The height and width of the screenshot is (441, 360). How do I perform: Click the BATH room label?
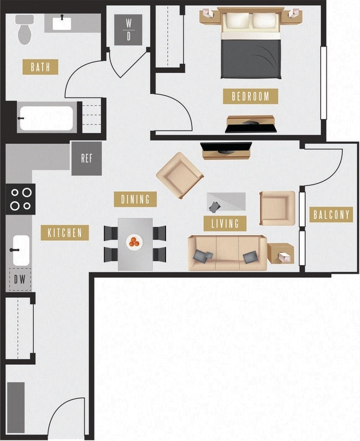point(40,67)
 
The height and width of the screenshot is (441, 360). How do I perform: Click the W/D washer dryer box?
point(128,30)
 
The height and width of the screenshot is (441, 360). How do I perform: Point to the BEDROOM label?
point(250,96)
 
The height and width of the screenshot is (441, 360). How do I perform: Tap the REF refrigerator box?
point(86,158)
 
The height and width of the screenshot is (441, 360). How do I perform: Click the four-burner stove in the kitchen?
point(20,199)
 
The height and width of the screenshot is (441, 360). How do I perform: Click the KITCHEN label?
point(64,233)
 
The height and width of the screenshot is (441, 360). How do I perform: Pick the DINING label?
point(135,199)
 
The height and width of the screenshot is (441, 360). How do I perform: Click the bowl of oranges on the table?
point(135,242)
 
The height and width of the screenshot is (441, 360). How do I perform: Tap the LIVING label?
point(225,224)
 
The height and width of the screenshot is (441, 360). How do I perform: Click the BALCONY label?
point(331,215)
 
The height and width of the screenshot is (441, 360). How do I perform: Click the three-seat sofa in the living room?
point(227,253)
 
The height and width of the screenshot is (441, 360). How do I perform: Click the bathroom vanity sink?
point(61,23)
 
